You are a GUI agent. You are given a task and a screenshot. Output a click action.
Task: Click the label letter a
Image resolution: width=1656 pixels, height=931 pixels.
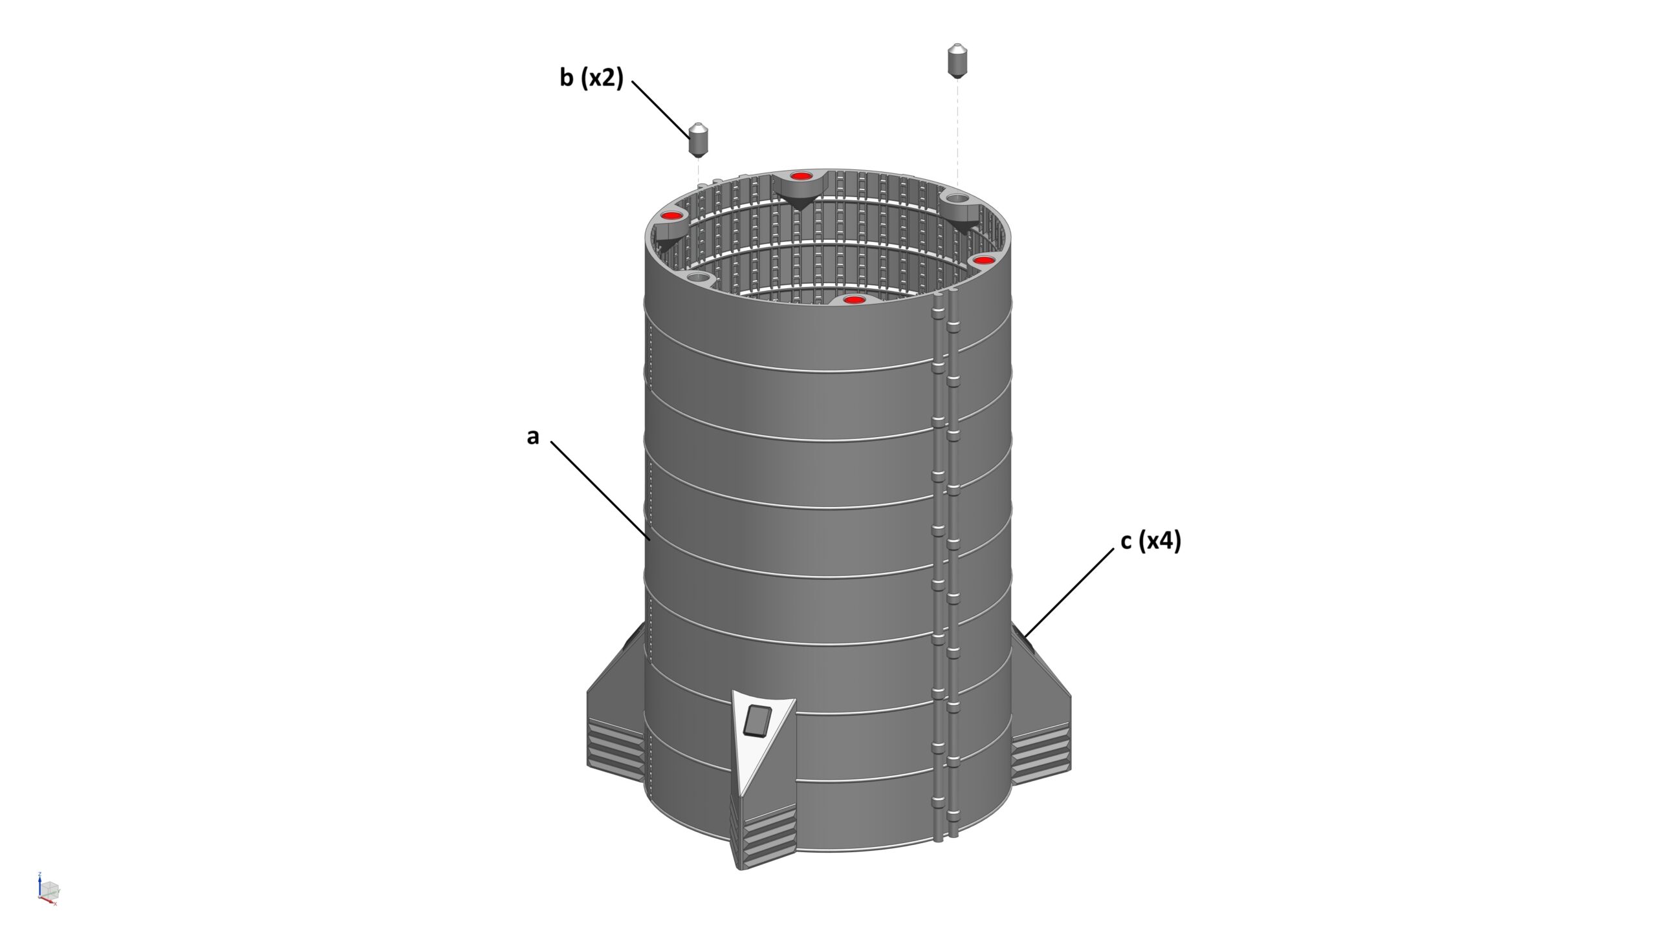tap(532, 438)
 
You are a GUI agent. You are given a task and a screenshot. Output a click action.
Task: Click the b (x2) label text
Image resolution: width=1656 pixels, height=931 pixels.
tap(591, 78)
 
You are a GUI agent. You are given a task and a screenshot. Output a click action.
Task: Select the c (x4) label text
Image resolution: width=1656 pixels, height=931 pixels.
tap(1151, 541)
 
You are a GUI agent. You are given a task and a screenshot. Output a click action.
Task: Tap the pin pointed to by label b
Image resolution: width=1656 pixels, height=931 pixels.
tap(699, 140)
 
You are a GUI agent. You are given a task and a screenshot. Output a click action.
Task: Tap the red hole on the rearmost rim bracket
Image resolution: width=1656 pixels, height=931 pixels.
tap(801, 176)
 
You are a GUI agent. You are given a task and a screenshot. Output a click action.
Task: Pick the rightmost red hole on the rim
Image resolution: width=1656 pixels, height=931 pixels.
tap(983, 260)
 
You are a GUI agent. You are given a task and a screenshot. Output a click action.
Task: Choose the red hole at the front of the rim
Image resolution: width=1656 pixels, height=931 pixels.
tap(853, 300)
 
